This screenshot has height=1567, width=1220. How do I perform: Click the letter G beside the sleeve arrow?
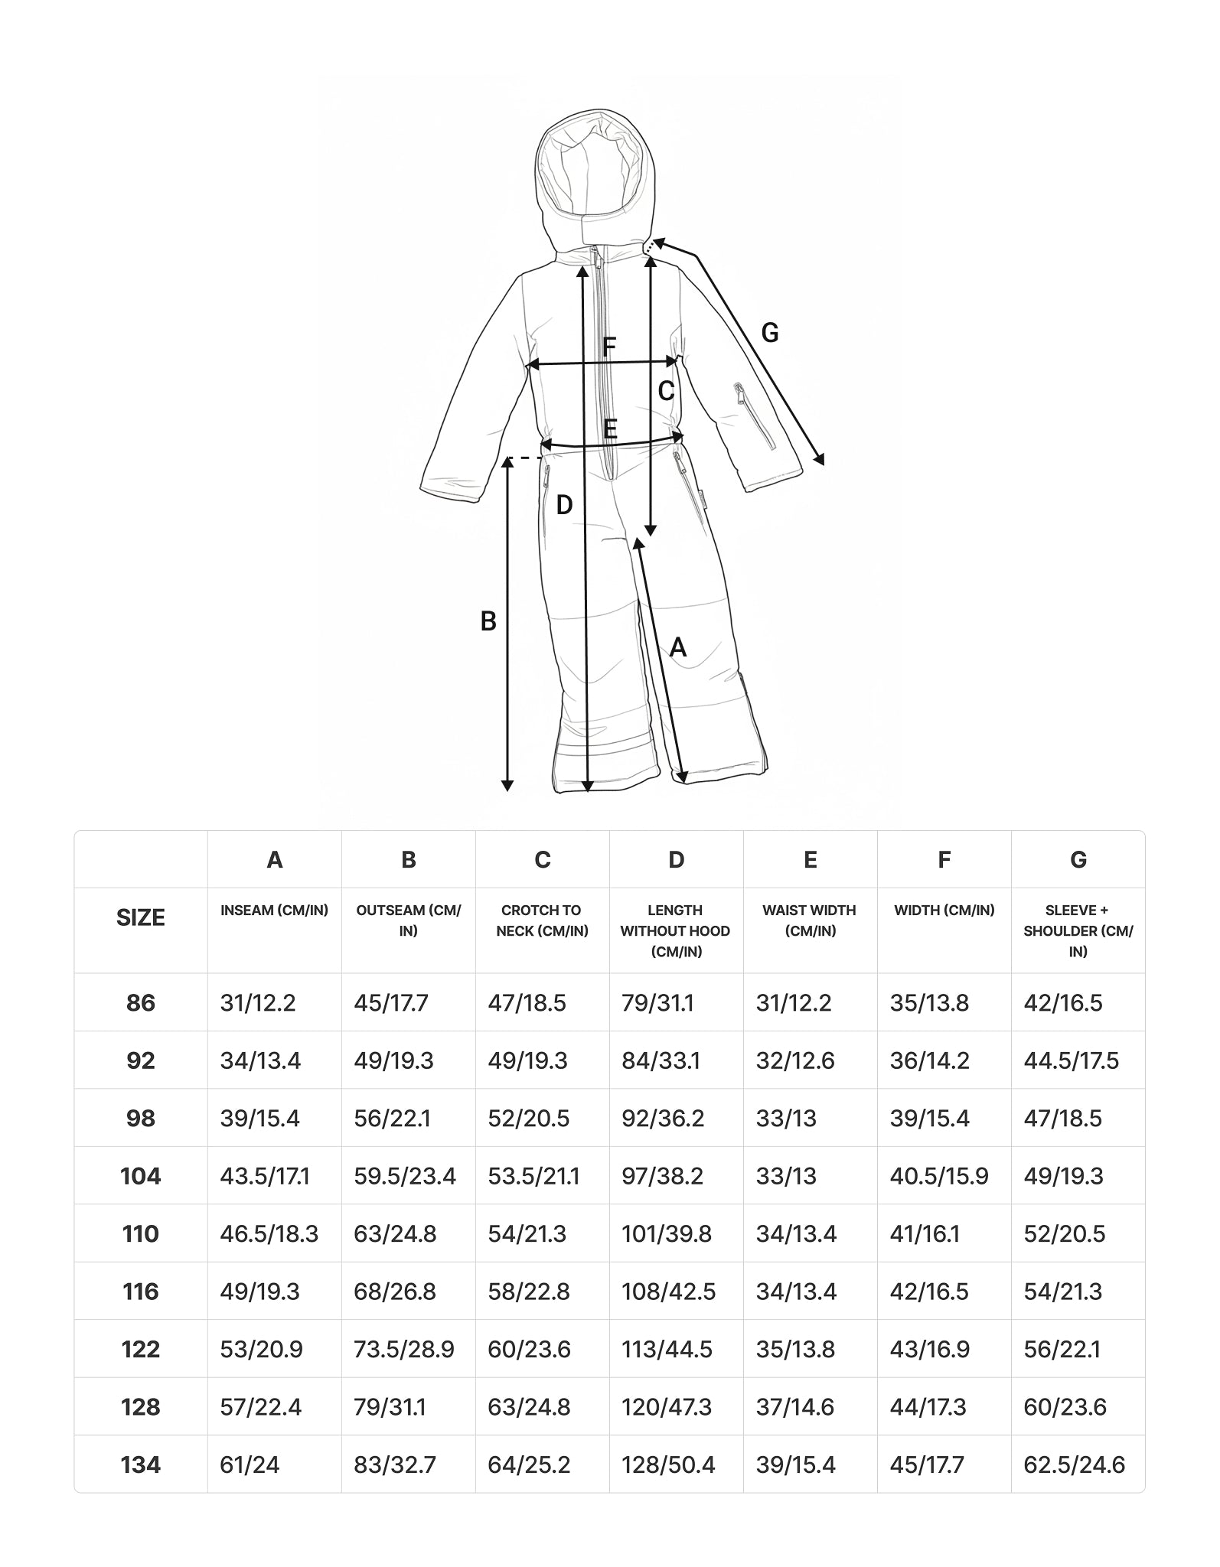(770, 333)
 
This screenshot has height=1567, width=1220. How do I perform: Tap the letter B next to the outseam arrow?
(488, 621)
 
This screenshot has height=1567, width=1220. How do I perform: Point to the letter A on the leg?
(678, 648)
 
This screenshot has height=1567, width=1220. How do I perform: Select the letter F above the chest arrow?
(609, 347)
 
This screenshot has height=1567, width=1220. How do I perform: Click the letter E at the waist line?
(610, 428)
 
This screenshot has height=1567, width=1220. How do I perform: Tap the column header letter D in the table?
(676, 860)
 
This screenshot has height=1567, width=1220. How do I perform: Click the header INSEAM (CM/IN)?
(274, 911)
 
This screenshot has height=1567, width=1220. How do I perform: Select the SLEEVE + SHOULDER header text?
(1078, 930)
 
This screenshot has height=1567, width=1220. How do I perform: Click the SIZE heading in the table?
(141, 917)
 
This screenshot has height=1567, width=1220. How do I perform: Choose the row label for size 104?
(141, 1176)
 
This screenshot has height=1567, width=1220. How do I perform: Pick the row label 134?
(141, 1464)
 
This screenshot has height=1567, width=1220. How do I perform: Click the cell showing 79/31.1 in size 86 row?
(657, 1003)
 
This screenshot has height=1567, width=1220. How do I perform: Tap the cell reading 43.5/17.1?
(265, 1176)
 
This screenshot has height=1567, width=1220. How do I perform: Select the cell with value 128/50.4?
(668, 1464)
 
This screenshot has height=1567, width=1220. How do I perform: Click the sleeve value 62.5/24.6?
(1074, 1464)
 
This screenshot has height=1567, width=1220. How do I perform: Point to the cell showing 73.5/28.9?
(404, 1349)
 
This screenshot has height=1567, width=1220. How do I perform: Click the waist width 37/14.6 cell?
(794, 1407)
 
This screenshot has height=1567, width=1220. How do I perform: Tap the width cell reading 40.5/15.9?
(938, 1176)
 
